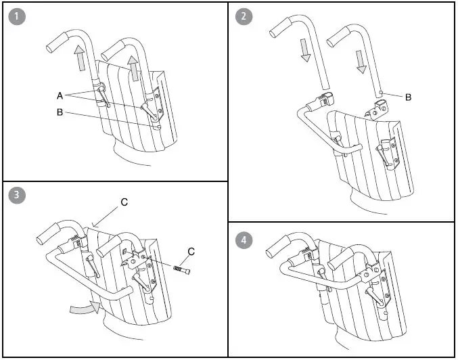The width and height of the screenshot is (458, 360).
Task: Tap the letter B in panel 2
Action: tap(409, 97)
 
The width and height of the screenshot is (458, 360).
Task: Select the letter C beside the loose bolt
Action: tap(191, 251)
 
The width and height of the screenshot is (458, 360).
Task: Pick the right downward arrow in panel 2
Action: tap(361, 61)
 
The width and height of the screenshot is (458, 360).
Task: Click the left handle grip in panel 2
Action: tap(280, 26)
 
